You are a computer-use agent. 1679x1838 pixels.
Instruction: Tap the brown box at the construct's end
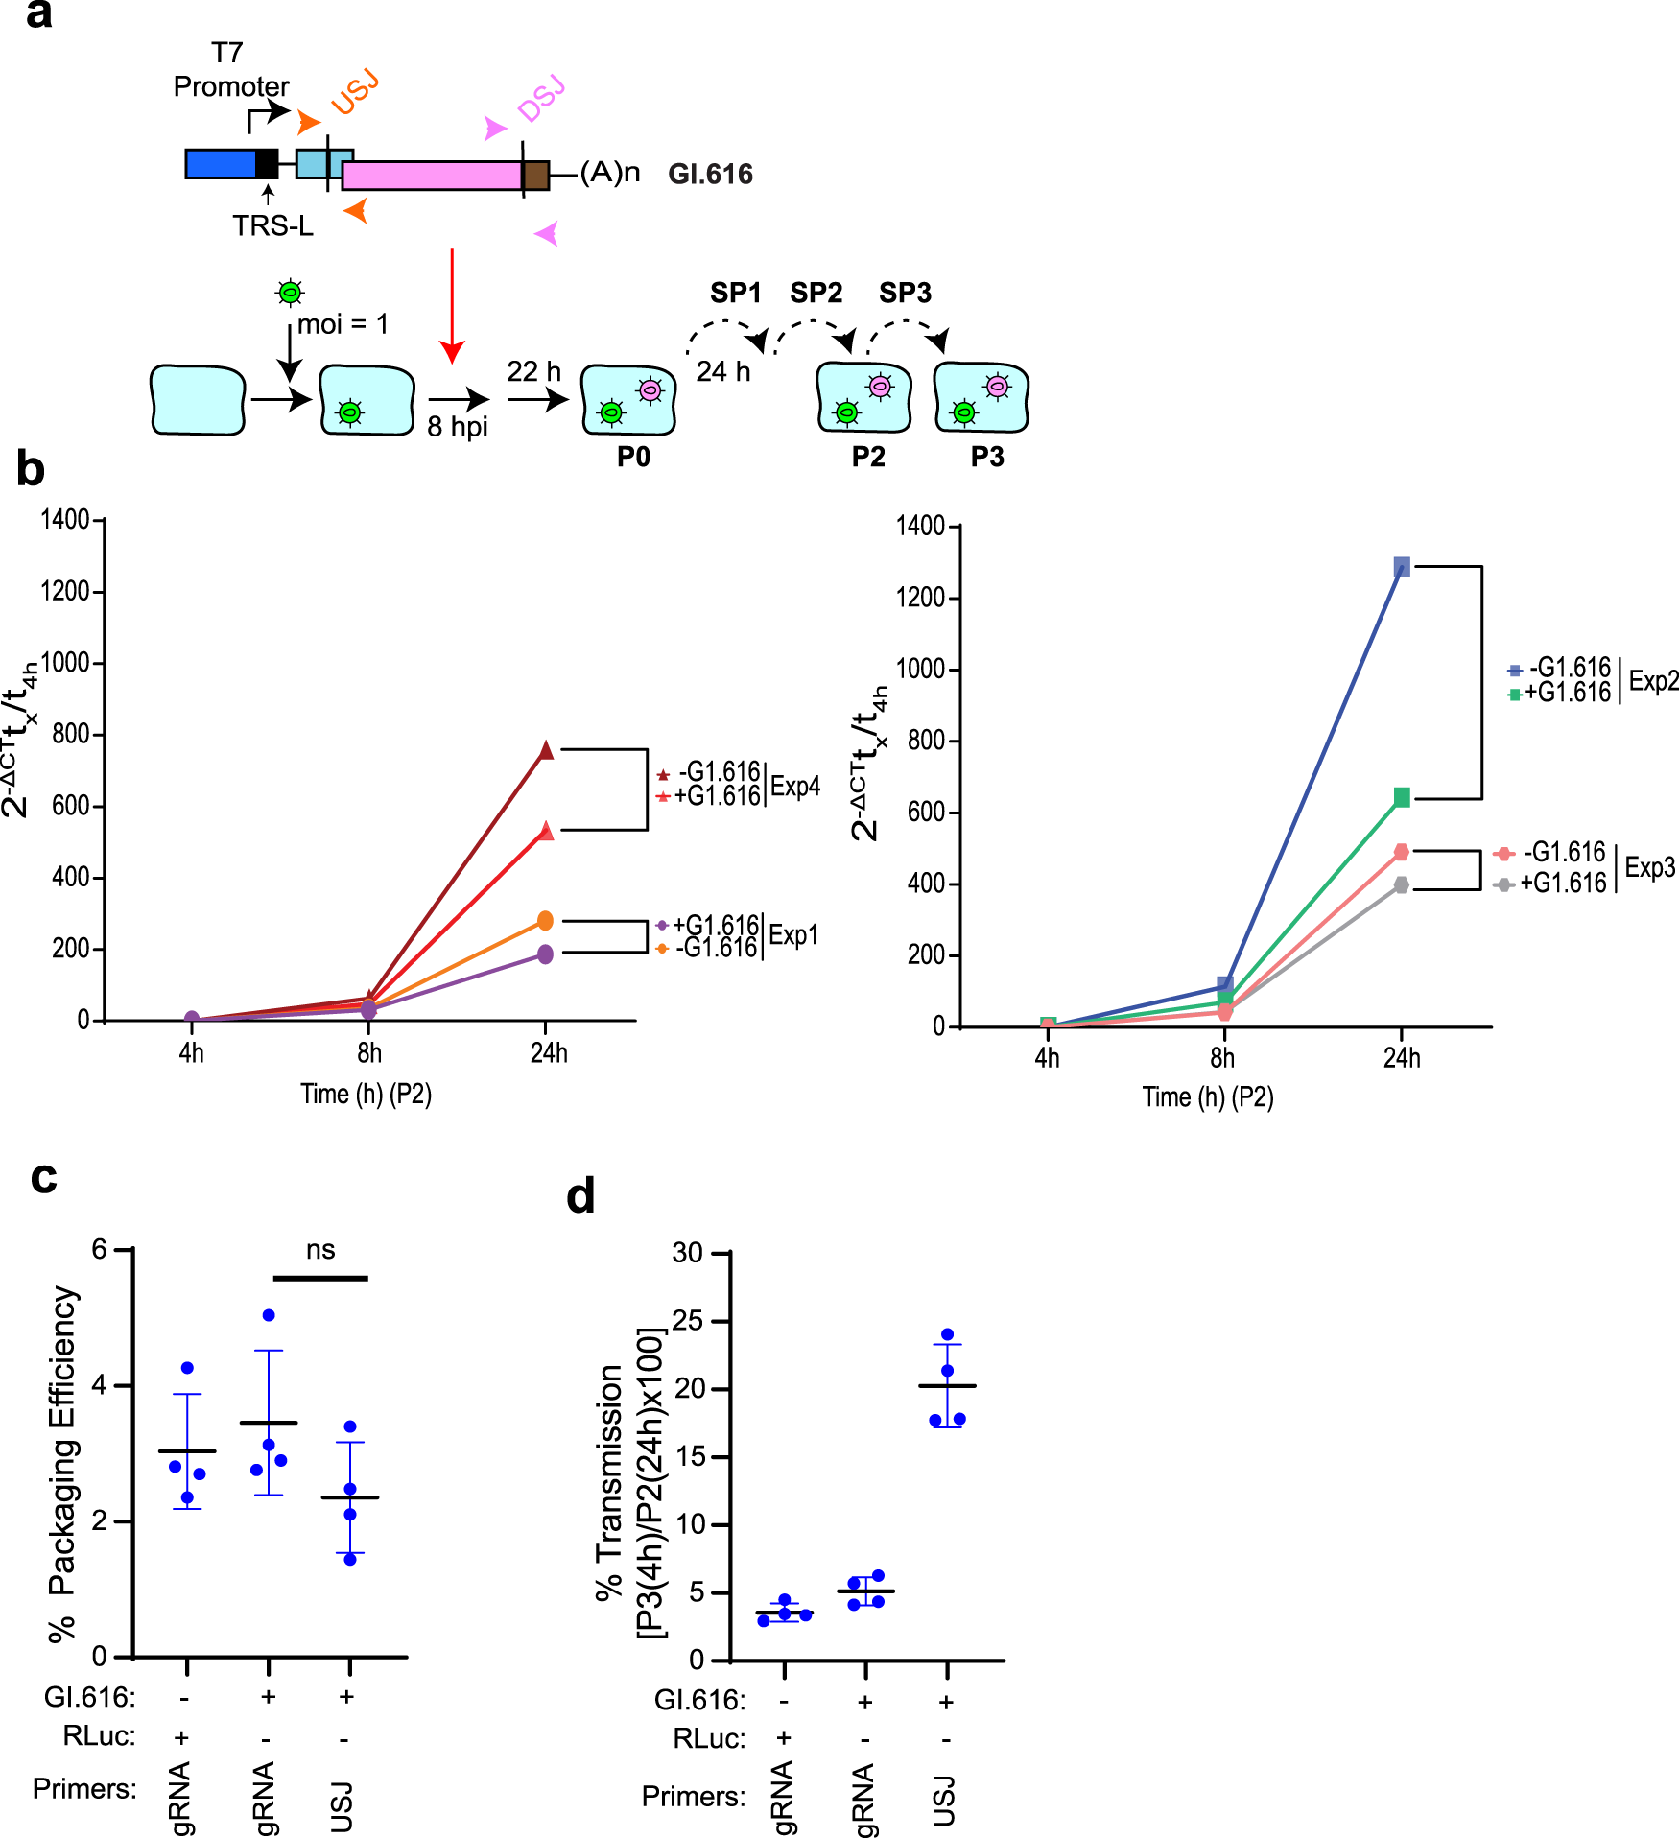tap(535, 176)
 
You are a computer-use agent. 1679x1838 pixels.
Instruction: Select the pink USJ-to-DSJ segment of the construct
tap(432, 176)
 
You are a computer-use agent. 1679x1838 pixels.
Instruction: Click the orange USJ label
tap(355, 94)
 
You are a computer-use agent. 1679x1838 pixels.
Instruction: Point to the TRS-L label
tap(272, 225)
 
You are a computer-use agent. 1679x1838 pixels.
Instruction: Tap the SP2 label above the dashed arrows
tap(816, 293)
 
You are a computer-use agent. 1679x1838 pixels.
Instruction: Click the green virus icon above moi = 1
tap(290, 292)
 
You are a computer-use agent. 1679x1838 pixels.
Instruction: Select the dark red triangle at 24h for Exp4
tap(546, 750)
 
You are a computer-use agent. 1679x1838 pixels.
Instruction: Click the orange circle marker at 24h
tap(545, 921)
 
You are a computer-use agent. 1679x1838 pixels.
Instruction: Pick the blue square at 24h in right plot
tap(1402, 567)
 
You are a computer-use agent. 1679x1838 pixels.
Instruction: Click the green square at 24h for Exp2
tap(1402, 797)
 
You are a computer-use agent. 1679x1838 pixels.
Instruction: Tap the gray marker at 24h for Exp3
tap(1402, 884)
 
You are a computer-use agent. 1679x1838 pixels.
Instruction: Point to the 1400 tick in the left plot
tap(64, 520)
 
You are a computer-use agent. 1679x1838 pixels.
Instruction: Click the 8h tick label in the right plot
tap(1222, 1058)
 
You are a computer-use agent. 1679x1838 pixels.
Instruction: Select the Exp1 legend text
tap(793, 935)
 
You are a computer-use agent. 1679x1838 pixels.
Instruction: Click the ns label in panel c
tap(320, 1250)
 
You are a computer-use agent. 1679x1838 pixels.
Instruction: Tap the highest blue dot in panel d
tap(948, 1334)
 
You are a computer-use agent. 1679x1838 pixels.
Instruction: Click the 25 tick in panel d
tap(688, 1321)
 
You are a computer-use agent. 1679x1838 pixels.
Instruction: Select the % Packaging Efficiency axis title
tap(62, 1463)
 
